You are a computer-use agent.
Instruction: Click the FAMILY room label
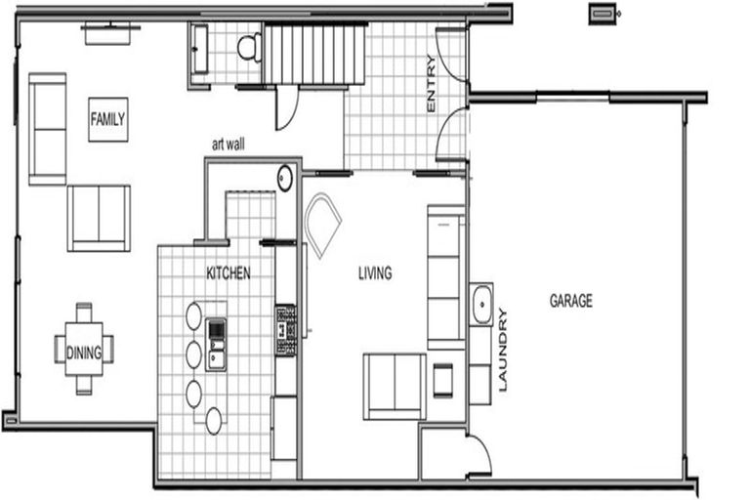(x=108, y=119)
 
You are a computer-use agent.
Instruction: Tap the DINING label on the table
(x=84, y=354)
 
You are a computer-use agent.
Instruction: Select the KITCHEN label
(x=229, y=273)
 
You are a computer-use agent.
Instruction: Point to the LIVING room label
(x=375, y=273)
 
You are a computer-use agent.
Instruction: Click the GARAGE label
(x=571, y=301)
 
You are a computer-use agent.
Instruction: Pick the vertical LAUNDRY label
(x=502, y=350)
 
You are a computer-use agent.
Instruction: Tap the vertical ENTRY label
(x=431, y=84)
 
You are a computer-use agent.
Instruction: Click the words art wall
(x=229, y=144)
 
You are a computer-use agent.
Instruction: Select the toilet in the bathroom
(x=249, y=48)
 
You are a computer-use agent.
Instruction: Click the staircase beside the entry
(x=313, y=54)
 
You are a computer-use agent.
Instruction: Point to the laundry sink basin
(x=481, y=305)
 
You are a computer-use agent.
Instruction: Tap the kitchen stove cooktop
(x=285, y=331)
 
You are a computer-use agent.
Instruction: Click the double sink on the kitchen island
(x=216, y=345)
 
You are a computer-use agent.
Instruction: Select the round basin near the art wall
(x=285, y=178)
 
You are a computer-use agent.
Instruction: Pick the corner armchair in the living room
(x=322, y=224)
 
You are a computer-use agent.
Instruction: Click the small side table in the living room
(x=443, y=380)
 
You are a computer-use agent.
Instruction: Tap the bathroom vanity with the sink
(x=200, y=50)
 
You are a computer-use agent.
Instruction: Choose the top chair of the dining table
(x=84, y=312)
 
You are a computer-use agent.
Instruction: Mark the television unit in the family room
(x=108, y=33)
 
